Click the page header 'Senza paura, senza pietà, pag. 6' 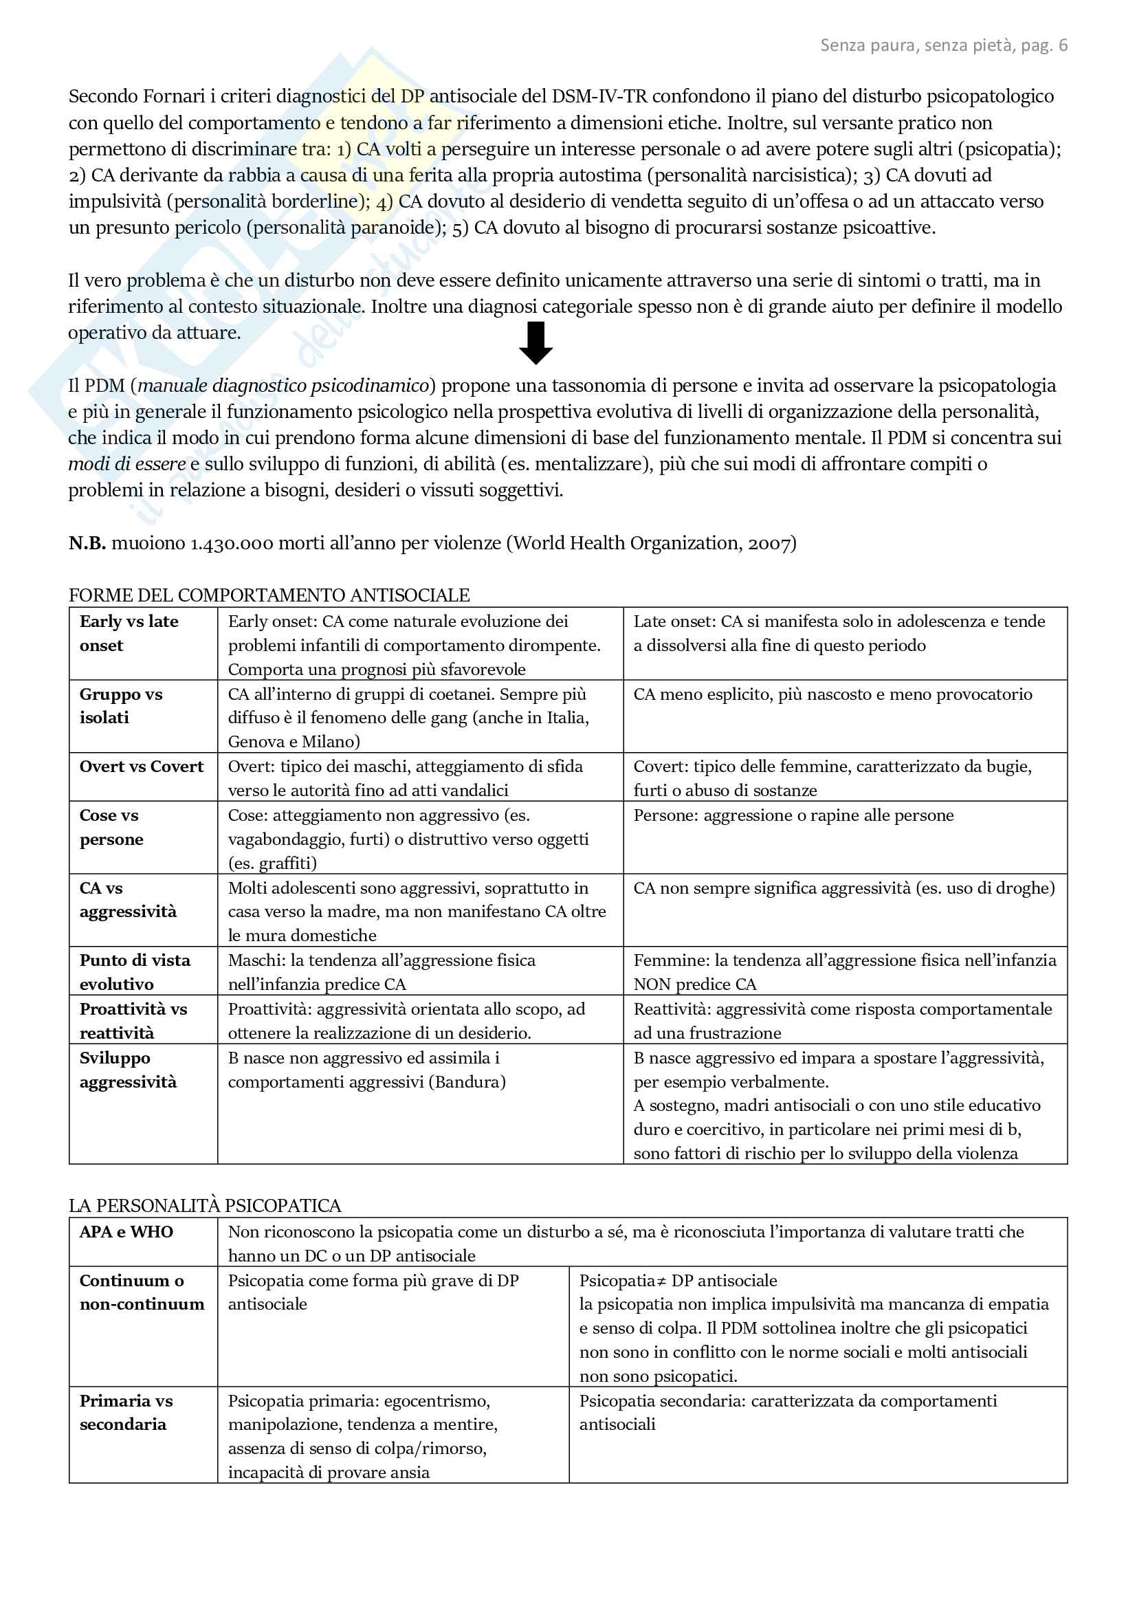(x=943, y=45)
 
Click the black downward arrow (x=536, y=343)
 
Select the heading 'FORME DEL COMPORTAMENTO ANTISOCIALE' (x=269, y=595)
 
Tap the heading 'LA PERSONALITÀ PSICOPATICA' (x=204, y=1205)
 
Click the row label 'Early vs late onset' (x=129, y=633)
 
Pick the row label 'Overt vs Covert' (x=142, y=766)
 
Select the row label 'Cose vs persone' (x=111, y=827)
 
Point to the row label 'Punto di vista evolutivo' (x=135, y=972)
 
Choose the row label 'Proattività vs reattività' (x=133, y=1020)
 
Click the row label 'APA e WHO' (x=126, y=1232)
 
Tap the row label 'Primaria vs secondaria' (x=126, y=1412)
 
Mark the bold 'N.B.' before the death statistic (x=87, y=544)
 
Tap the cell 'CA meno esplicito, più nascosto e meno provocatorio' (x=832, y=694)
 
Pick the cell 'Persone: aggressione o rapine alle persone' (x=793, y=815)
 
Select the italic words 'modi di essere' (x=126, y=464)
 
